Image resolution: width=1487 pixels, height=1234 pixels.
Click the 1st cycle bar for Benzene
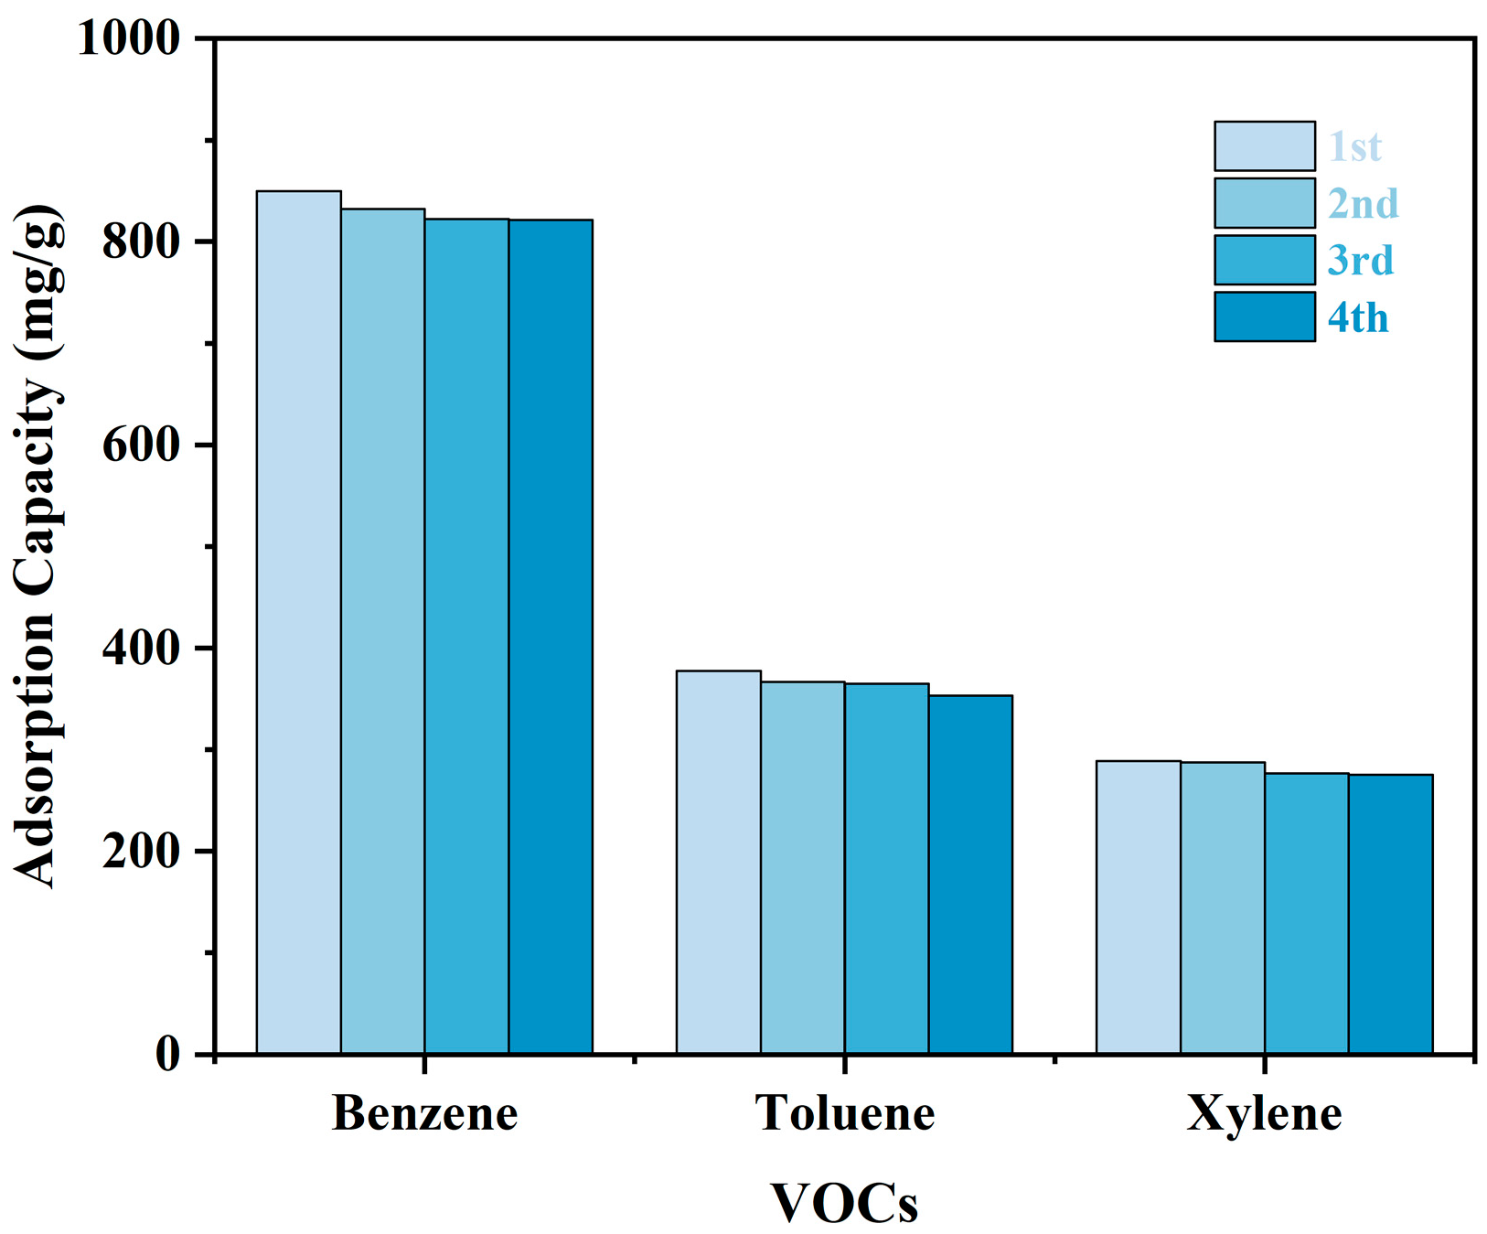coord(298,622)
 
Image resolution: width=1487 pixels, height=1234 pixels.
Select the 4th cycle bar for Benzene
coord(551,637)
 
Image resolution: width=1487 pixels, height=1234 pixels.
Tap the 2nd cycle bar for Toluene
coord(802,867)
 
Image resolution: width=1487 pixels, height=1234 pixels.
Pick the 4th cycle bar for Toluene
coord(970,875)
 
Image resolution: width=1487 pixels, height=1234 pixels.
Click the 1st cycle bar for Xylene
coord(1138,907)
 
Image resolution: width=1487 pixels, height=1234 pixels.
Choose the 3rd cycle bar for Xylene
coord(1306,913)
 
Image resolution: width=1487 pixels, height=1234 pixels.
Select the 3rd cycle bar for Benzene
coord(466,636)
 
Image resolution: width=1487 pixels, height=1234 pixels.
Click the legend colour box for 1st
coord(1264,146)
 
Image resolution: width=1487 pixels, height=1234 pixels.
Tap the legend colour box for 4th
coord(1264,317)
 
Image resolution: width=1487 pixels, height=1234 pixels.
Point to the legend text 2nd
coord(1363,204)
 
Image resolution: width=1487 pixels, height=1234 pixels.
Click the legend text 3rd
coord(1360,261)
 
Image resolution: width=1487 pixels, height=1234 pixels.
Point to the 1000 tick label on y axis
coord(129,39)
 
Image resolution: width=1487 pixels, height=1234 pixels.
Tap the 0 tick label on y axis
coord(167,1054)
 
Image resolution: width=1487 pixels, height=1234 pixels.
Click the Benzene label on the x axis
coord(424,1113)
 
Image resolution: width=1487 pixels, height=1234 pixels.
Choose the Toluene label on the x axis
coord(844,1113)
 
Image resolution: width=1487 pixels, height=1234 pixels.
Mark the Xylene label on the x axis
coord(1264,1113)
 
